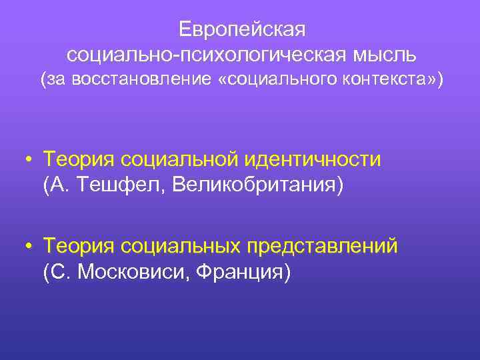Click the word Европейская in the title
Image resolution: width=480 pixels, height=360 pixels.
(242, 29)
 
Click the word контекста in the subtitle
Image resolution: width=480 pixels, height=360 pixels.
(387, 80)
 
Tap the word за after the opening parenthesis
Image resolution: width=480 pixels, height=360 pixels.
(55, 80)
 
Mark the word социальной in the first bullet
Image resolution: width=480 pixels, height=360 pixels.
(179, 160)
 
